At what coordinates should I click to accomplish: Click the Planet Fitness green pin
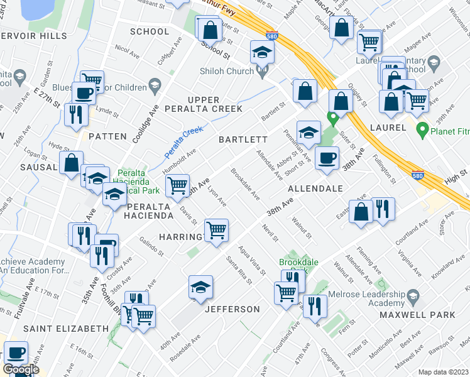[422, 130]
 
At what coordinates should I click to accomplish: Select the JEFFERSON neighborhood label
[232, 309]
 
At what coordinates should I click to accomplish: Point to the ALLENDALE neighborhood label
[315, 188]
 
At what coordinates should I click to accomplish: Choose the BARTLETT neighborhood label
[243, 139]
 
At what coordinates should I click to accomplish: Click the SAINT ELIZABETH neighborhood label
[66, 329]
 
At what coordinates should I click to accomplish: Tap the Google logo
[21, 369]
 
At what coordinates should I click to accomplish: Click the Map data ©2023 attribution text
[443, 372]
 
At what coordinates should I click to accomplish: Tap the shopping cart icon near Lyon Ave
[216, 229]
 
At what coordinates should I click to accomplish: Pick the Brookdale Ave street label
[245, 183]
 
